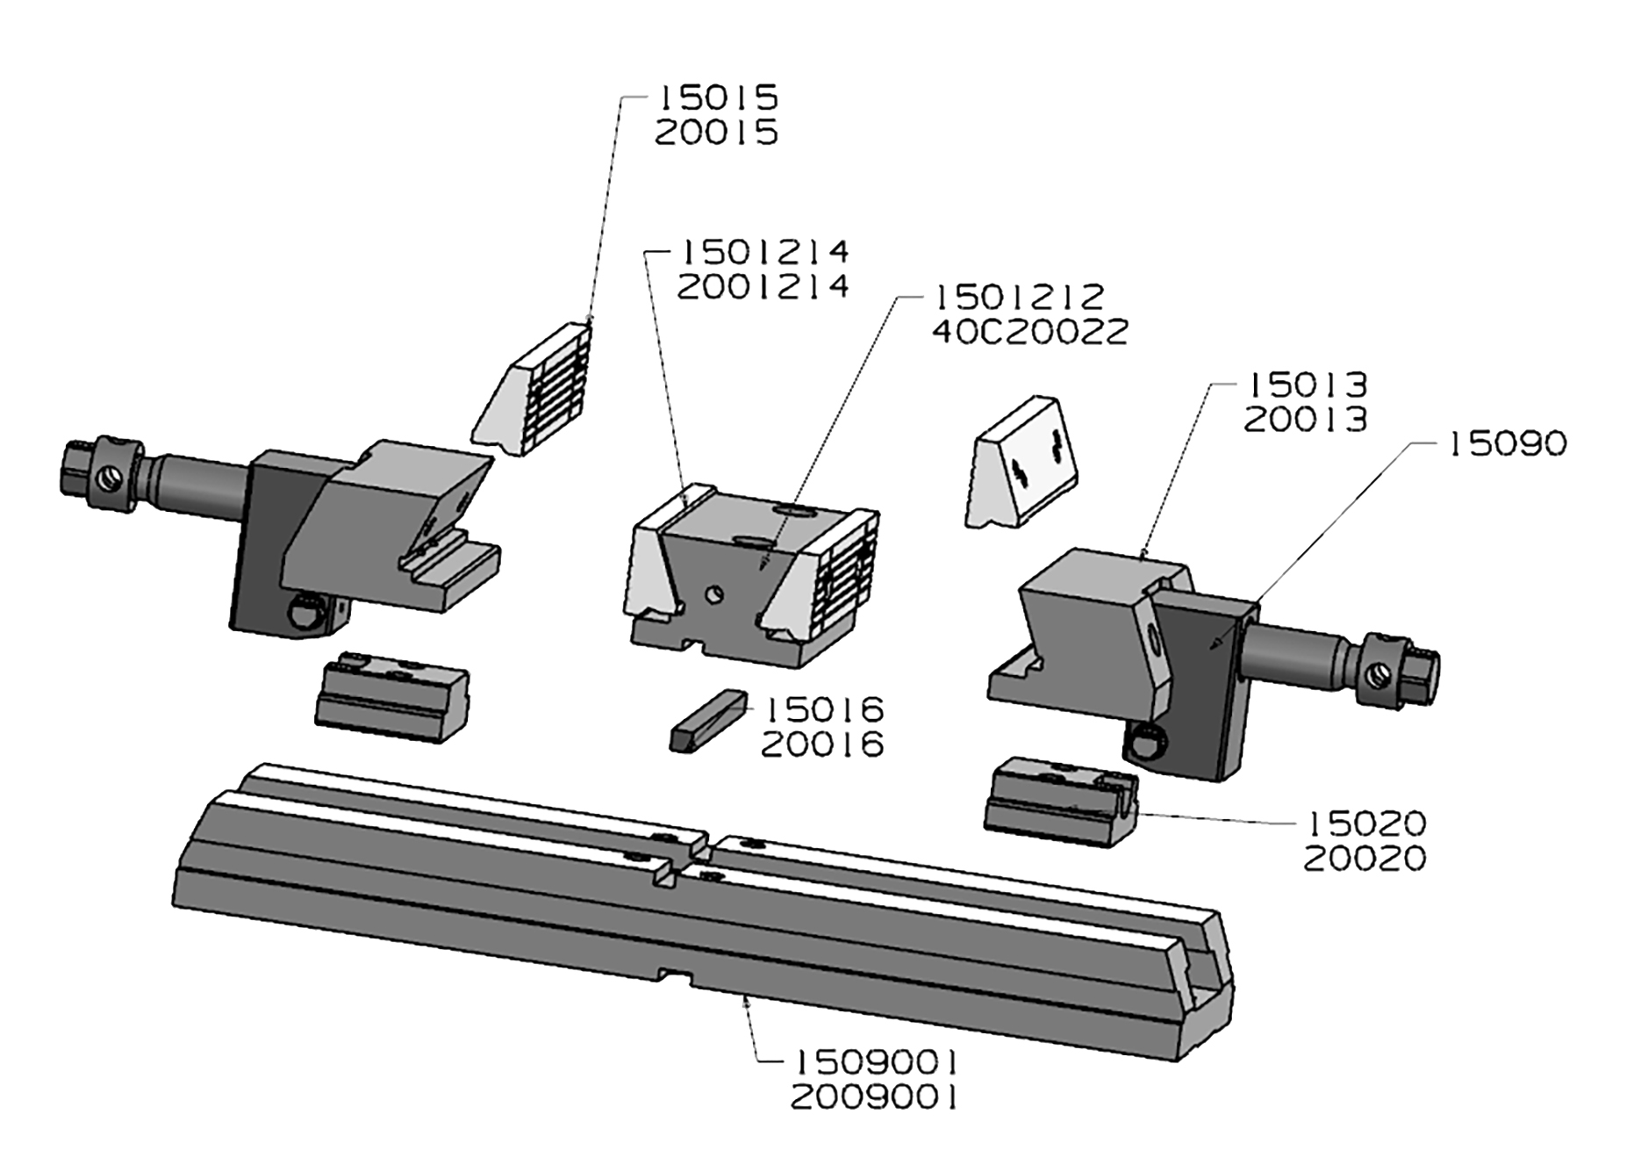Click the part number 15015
[x=717, y=97]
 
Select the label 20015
[x=717, y=133]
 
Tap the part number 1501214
[x=763, y=252]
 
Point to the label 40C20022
[x=1028, y=333]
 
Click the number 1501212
[x=1018, y=297]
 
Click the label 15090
[x=1506, y=444]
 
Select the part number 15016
[x=824, y=708]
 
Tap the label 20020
[x=1365, y=859]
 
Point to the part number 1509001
[x=874, y=1063]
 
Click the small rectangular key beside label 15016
[x=707, y=719]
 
